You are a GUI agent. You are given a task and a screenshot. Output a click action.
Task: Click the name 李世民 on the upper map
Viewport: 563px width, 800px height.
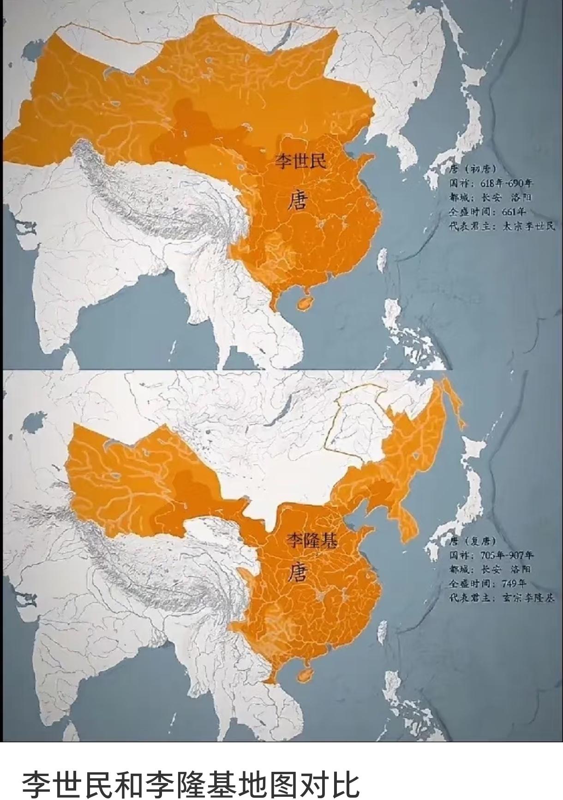(300, 162)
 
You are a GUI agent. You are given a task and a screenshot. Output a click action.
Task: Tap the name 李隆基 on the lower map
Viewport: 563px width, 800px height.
(312, 540)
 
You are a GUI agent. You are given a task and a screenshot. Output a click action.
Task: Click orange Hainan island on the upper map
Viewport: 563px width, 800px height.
(305, 303)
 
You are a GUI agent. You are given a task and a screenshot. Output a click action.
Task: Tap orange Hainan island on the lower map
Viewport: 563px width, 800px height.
(305, 674)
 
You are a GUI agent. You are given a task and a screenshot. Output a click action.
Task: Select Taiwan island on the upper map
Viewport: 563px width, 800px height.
(382, 259)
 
